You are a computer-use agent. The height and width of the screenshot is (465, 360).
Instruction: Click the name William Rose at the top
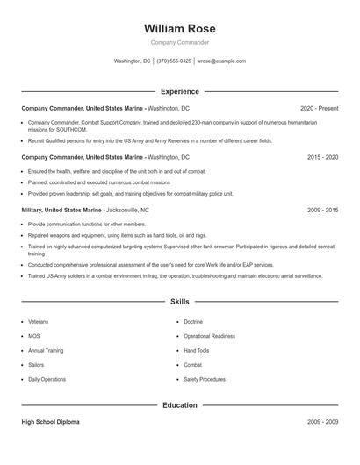(180, 29)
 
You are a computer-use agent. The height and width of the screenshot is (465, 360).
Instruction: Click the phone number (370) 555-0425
(174, 61)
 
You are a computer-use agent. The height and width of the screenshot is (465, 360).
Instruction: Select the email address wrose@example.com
(221, 61)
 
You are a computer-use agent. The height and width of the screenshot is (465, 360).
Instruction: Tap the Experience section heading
(180, 91)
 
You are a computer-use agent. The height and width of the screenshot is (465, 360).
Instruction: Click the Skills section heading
(180, 301)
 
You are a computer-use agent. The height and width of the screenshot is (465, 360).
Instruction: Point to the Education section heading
(180, 405)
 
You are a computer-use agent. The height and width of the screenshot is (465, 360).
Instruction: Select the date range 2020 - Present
(319, 107)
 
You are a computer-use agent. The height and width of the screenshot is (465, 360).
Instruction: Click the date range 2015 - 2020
(322, 157)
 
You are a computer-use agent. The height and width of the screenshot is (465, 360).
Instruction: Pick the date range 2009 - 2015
(322, 211)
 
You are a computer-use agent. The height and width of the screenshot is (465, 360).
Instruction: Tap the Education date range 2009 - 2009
(322, 422)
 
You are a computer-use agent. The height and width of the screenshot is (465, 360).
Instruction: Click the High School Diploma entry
(50, 422)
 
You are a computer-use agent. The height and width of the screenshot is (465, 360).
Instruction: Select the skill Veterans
(39, 322)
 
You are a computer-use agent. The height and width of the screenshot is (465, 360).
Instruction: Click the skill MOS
(34, 336)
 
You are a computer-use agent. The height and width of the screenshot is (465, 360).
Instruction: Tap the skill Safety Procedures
(204, 379)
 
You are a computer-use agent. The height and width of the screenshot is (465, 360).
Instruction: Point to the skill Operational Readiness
(209, 336)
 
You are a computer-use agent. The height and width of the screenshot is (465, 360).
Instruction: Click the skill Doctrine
(193, 322)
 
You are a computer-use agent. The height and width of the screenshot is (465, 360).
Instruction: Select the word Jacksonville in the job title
(122, 211)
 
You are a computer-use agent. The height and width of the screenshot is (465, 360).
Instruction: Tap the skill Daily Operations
(47, 379)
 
